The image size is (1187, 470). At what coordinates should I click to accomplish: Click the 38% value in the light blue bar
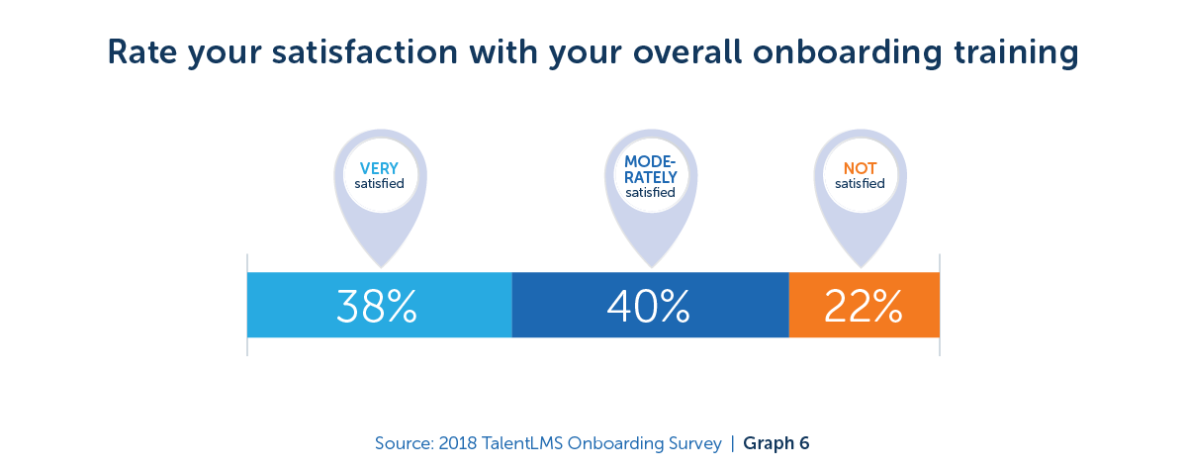(377, 306)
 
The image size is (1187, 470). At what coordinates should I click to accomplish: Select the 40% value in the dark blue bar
(648, 306)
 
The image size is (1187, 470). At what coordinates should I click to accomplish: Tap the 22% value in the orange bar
(863, 306)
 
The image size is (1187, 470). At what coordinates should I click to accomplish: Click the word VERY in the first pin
(379, 169)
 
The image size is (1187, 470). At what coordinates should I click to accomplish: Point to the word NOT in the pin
(860, 169)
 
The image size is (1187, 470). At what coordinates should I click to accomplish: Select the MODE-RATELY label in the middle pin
(650, 169)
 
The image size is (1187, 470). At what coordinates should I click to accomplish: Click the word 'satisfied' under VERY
(379, 184)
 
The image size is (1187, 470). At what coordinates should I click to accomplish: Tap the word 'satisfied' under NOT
(860, 184)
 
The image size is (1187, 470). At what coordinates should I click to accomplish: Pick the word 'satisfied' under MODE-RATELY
(650, 193)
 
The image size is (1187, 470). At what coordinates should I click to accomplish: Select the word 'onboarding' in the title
(827, 52)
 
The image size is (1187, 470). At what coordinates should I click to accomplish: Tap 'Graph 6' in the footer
(776, 443)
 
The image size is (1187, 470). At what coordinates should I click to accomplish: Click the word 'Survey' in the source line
(691, 443)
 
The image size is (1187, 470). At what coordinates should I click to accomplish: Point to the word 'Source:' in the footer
(405, 443)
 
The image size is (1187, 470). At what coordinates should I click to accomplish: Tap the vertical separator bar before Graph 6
(733, 443)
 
